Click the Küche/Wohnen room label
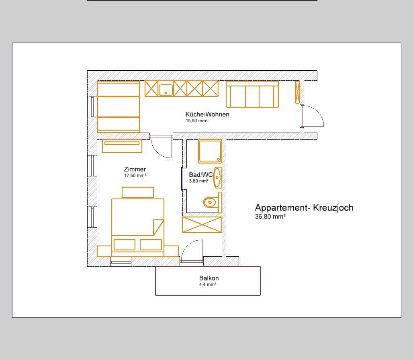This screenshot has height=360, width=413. click(207, 114)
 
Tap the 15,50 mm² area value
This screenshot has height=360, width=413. click(196, 121)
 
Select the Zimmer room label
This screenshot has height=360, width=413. click(135, 169)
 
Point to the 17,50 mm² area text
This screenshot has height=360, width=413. click(135, 176)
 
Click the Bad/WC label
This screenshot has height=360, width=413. click(201, 175)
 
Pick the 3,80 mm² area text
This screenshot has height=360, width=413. click(198, 181)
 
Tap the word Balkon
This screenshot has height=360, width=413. click(209, 278)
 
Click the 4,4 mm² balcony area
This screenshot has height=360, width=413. click(208, 284)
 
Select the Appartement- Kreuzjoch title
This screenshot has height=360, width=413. click(304, 208)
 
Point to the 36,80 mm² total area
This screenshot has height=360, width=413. click(270, 217)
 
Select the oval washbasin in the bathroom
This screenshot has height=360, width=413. click(217, 178)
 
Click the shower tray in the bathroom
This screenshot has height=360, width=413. click(210, 152)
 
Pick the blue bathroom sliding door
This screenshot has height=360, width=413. click(182, 178)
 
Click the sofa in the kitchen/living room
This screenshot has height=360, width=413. click(252, 94)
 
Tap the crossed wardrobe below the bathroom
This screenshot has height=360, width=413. click(202, 225)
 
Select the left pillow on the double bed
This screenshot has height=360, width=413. click(125, 245)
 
